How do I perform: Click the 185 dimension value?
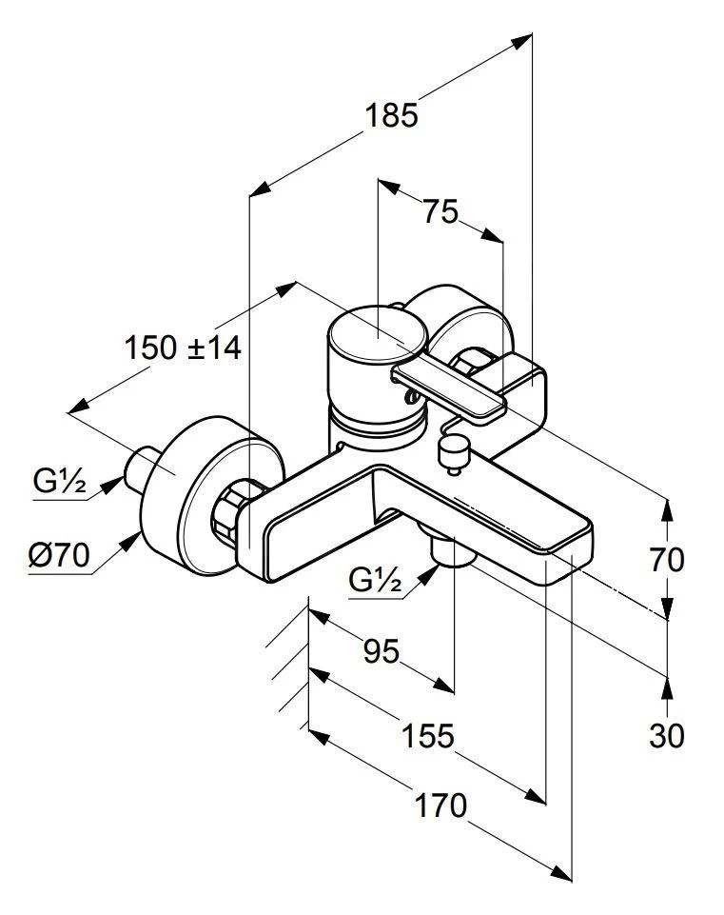[392, 115]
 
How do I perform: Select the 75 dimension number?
[440, 211]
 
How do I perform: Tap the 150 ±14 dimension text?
[183, 348]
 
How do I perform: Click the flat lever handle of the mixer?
[451, 390]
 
